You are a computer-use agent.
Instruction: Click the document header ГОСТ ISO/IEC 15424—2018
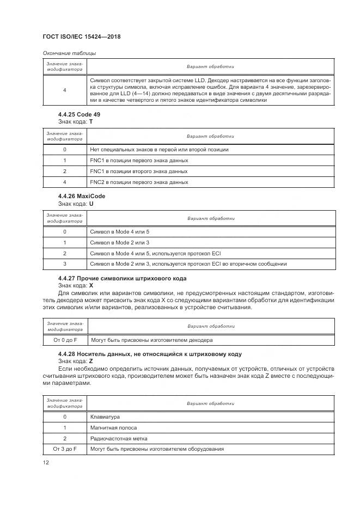[x=81, y=36]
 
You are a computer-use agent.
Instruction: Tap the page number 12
[x=46, y=462]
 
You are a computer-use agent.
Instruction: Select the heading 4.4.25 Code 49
[x=79, y=114]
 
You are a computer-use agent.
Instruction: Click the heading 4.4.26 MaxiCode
[x=82, y=196]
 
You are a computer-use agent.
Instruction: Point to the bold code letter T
[x=91, y=121]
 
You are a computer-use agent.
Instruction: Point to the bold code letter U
[x=91, y=203]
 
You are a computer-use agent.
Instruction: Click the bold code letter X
[x=91, y=285]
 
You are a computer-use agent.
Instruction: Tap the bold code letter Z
[x=91, y=360]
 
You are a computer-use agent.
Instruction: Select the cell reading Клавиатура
[x=105, y=417]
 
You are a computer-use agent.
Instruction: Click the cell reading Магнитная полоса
[x=113, y=428]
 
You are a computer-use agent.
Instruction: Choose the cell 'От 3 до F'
[x=65, y=449]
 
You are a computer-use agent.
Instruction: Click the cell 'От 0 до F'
[x=65, y=340]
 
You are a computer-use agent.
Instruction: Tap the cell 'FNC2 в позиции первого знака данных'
[x=139, y=182]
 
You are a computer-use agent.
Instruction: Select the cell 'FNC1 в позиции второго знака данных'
[x=138, y=171]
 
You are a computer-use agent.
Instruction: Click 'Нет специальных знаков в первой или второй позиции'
[x=159, y=149]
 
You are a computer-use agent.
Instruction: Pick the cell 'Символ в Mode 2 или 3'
[x=119, y=242]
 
